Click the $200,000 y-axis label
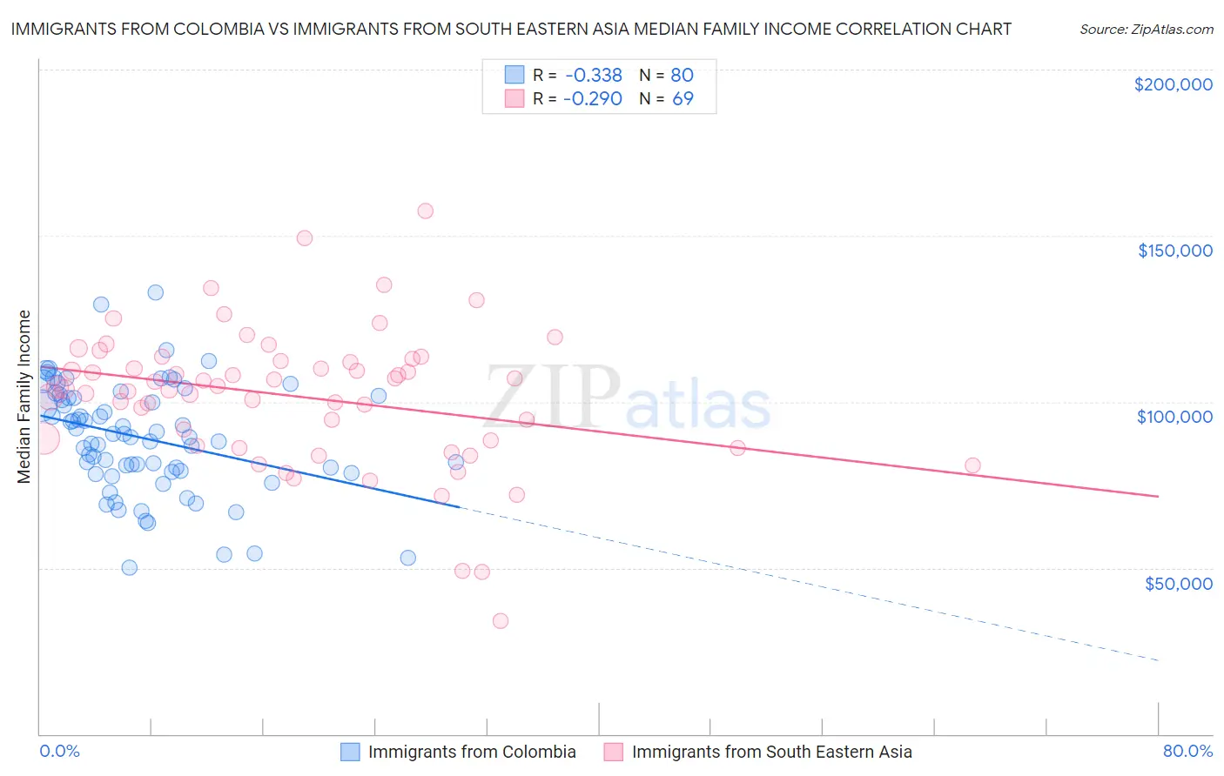(1173, 84)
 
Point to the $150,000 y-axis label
(1174, 251)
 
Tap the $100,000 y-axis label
(1174, 417)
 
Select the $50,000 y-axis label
(1178, 583)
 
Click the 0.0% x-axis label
(59, 751)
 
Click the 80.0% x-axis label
(1187, 751)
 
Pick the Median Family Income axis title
(24, 397)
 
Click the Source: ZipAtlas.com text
(1146, 30)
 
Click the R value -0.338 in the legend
(592, 76)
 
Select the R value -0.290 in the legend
(592, 99)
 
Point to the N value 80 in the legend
(682, 76)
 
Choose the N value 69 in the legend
(683, 99)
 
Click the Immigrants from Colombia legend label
(472, 752)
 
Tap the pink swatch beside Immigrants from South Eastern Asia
(614, 752)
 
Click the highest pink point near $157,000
(425, 211)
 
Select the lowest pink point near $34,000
(500, 620)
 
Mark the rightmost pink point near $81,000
(972, 465)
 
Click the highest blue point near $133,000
(155, 292)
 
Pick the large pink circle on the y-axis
(43, 438)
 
